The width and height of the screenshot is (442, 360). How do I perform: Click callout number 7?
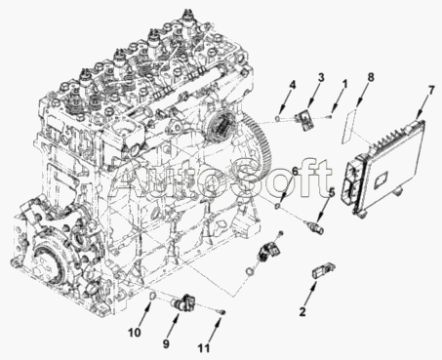431,91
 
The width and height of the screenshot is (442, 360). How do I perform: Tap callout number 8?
370,77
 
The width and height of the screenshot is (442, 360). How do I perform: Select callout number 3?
321,77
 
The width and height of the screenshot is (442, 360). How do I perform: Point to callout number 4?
293,85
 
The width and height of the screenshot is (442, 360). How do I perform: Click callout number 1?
344,84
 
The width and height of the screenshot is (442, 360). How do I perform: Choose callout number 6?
295,172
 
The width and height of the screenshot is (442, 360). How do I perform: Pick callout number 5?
331,193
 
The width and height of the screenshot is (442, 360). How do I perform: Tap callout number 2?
302,312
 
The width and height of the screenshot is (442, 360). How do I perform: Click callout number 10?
135,333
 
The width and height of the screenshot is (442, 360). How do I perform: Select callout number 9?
166,343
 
